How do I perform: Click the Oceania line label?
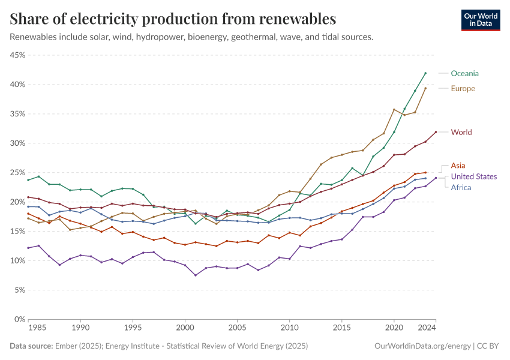click(x=465, y=73)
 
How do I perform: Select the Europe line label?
click(x=463, y=88)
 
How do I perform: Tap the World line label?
click(x=461, y=132)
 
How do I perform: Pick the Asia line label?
click(x=458, y=165)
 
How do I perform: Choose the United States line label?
click(x=474, y=176)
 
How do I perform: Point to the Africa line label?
click(x=461, y=187)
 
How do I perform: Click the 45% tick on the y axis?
click(x=17, y=55)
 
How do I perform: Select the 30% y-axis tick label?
click(x=17, y=143)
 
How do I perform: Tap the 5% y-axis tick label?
click(x=19, y=290)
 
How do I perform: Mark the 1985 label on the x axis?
click(x=37, y=328)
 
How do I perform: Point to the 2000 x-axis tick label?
click(x=185, y=328)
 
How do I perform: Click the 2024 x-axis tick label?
click(x=427, y=328)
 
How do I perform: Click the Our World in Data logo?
click(x=480, y=20)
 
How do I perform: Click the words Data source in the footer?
click(x=31, y=346)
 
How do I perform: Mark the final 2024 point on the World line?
click(x=436, y=132)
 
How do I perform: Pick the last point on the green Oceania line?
click(x=425, y=73)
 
